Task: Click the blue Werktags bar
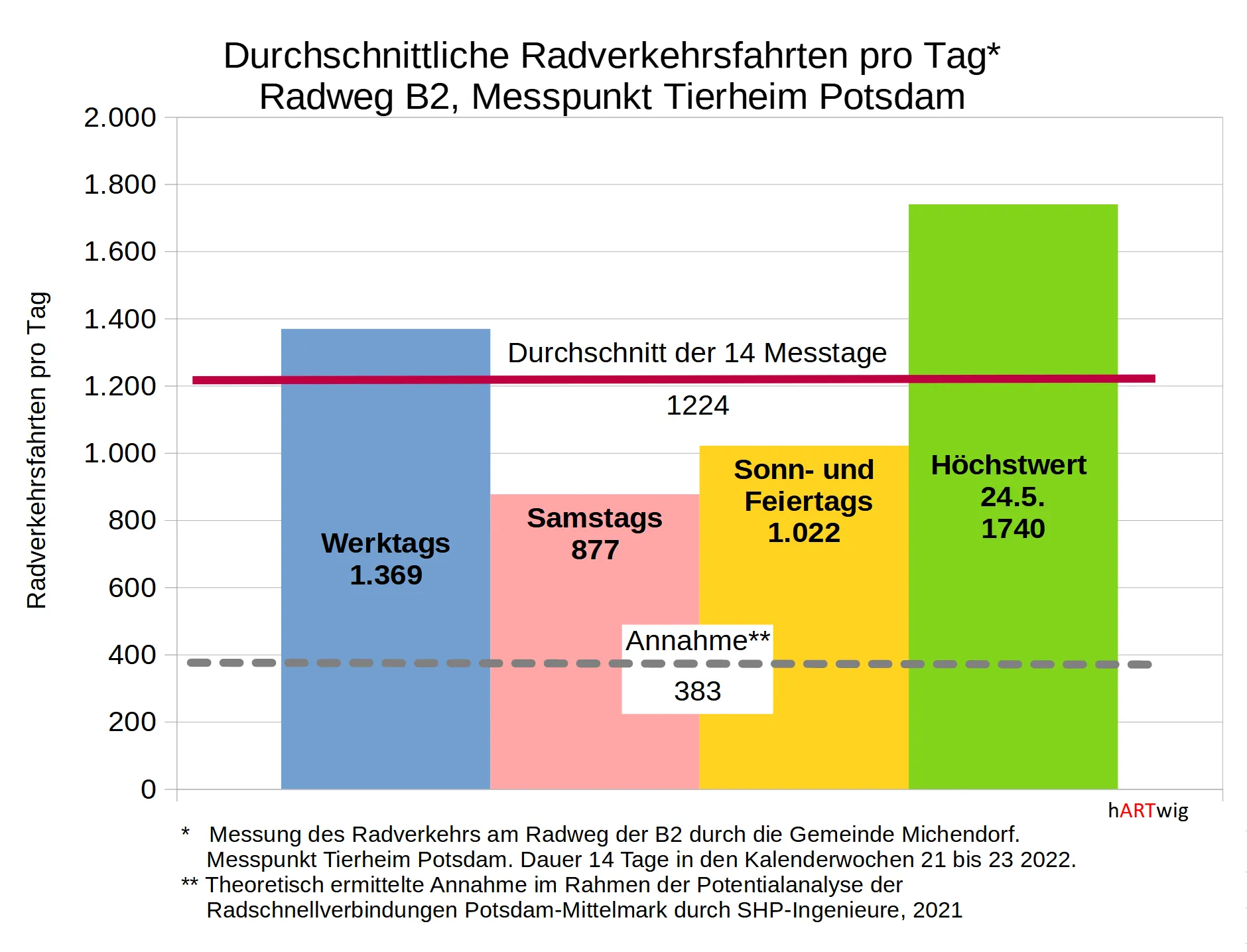pos(385,697)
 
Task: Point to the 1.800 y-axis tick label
pos(120,184)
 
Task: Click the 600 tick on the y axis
pos(132,588)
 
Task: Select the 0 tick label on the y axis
pos(149,789)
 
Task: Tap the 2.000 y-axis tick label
pos(120,117)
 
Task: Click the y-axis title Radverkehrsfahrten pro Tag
pos(37,450)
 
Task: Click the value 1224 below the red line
pos(697,405)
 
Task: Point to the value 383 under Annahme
pos(697,691)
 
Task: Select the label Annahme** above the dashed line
pos(697,641)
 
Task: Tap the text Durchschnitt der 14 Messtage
pos(697,353)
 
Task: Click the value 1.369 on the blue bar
pos(385,575)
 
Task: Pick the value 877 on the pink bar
pos(595,550)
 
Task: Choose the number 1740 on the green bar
pos(1013,529)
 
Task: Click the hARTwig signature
pos(1148,810)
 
